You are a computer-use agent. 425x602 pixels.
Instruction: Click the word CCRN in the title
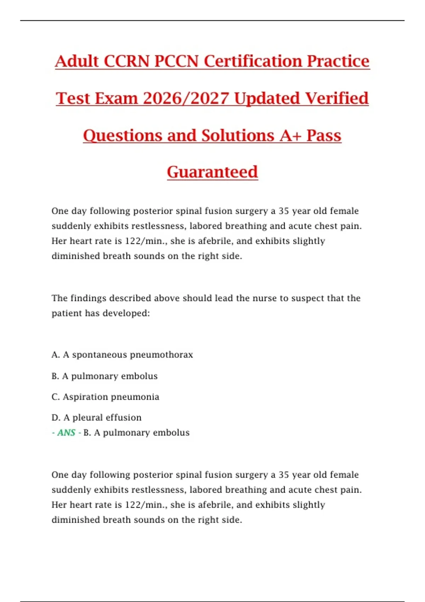click(126, 61)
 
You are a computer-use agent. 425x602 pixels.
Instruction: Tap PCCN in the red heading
click(176, 61)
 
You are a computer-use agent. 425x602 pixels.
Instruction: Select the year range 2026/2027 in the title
click(186, 98)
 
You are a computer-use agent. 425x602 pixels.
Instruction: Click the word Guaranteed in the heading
click(212, 172)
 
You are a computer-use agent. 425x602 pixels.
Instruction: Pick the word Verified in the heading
click(336, 98)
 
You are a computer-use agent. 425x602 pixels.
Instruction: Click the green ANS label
click(66, 433)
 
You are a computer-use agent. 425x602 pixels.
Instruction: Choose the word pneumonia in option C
click(140, 397)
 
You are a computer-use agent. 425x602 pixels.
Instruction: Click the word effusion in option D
click(124, 418)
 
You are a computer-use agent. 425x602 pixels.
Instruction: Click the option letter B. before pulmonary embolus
click(55, 376)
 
